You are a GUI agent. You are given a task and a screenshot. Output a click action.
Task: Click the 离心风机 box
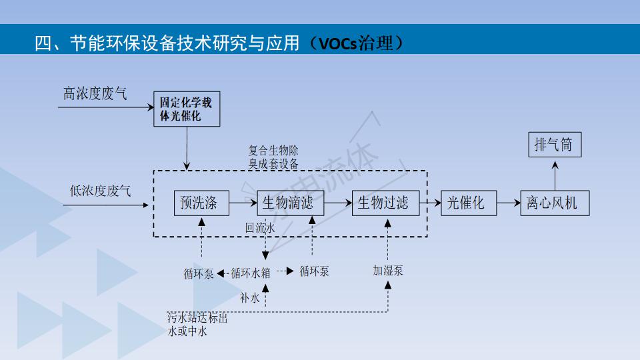pyautogui.click(x=551, y=203)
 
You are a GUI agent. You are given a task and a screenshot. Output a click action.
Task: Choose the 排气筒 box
pyautogui.click(x=553, y=144)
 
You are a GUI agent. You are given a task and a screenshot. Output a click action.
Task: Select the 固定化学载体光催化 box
pyautogui.click(x=186, y=110)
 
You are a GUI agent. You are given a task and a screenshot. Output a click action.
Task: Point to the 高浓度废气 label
pyautogui.click(x=95, y=94)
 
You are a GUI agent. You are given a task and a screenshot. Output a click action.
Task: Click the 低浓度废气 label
pyautogui.click(x=101, y=191)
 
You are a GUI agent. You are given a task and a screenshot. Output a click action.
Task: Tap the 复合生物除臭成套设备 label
pyautogui.click(x=273, y=157)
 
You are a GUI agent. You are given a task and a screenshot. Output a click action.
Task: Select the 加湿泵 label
pyautogui.click(x=388, y=271)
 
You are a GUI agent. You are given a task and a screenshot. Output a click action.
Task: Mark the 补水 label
pyautogui.click(x=250, y=298)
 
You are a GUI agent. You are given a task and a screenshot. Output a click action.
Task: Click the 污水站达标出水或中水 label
pyautogui.click(x=197, y=325)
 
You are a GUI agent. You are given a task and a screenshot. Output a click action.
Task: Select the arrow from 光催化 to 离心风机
pyautogui.click(x=508, y=203)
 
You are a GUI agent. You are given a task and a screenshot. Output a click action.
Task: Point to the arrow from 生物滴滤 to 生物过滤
pyautogui.click(x=337, y=203)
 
